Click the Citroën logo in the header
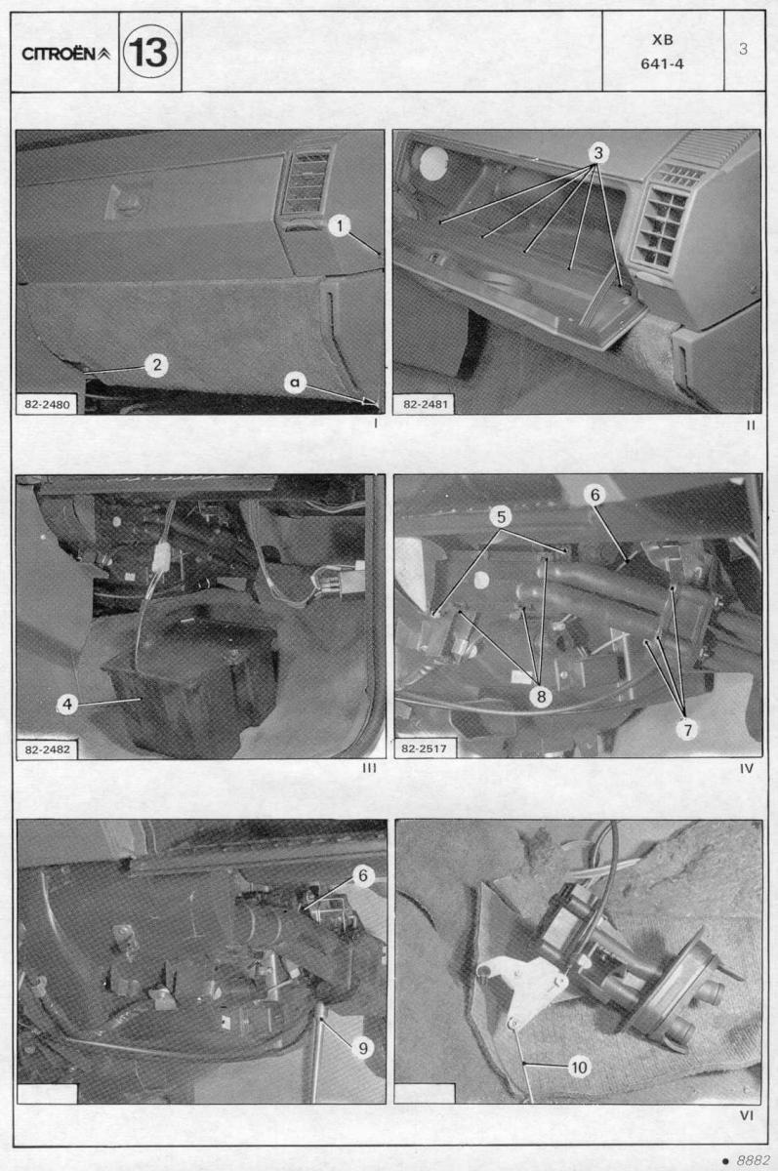[x=65, y=54]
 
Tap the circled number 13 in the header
[x=150, y=53]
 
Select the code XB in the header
[x=663, y=40]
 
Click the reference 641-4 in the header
[x=662, y=64]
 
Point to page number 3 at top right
[x=743, y=49]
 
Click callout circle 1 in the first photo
[x=340, y=225]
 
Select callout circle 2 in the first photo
[x=157, y=364]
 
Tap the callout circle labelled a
[x=295, y=383]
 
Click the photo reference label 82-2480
[x=47, y=404]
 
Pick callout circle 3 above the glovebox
[x=598, y=153]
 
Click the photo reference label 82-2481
[x=425, y=404]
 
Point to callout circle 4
[x=67, y=705]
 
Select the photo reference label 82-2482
[x=47, y=749]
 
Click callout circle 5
[x=501, y=516]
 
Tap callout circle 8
[x=541, y=696]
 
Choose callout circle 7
[x=687, y=730]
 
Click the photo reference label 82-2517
[x=424, y=748]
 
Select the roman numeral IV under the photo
[x=746, y=769]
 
